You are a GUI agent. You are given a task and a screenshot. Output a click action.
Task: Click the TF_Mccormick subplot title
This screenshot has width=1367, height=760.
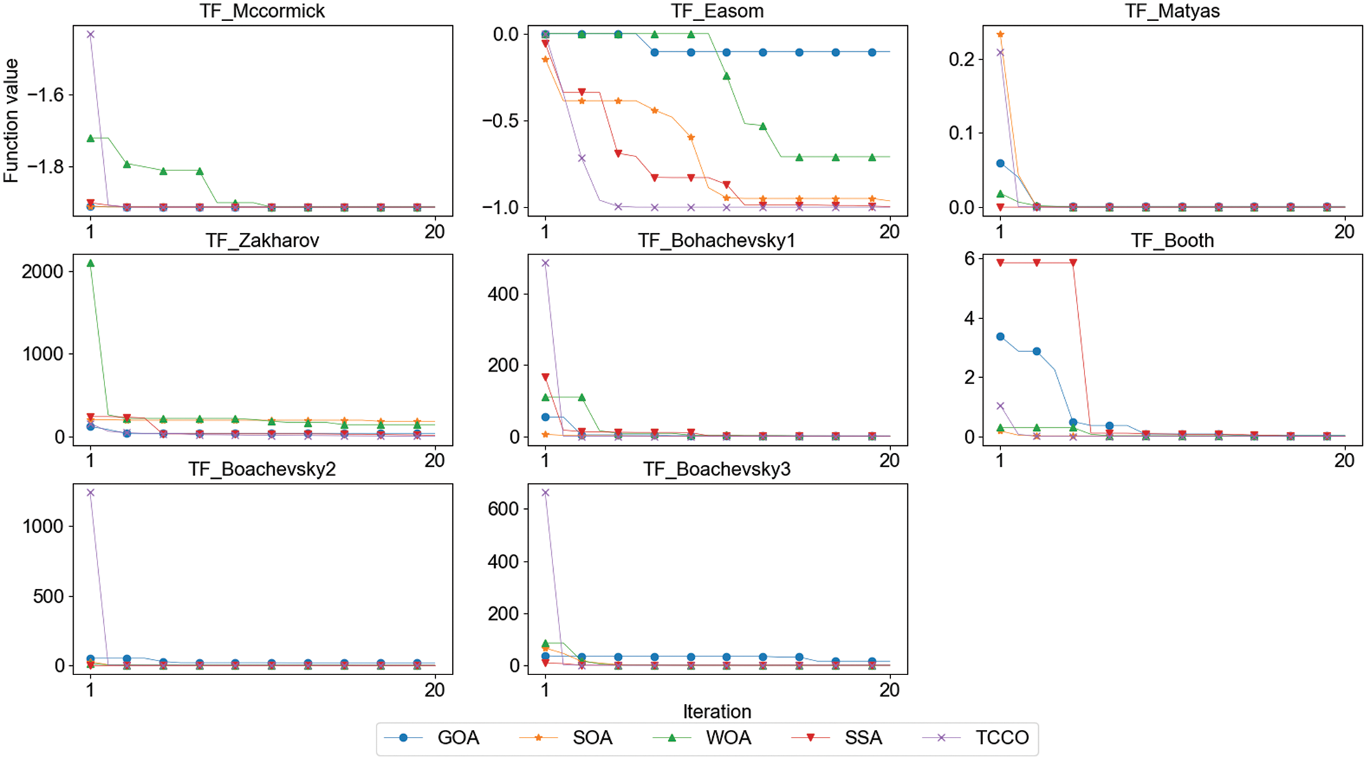262,11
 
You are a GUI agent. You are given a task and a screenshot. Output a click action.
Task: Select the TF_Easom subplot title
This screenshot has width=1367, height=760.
717,11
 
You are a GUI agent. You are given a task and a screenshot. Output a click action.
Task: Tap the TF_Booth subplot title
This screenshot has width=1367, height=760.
1172,240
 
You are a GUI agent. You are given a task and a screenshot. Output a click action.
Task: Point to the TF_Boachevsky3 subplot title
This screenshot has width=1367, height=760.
717,469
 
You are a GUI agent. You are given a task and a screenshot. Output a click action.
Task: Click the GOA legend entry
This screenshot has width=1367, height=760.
458,738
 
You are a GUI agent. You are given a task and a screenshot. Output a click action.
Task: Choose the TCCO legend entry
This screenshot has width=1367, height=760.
1002,738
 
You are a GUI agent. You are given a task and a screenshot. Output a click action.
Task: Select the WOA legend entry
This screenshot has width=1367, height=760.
728,738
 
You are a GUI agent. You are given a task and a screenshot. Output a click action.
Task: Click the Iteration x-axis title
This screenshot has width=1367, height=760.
717,712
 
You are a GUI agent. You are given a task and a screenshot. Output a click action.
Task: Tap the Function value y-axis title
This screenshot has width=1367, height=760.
11,121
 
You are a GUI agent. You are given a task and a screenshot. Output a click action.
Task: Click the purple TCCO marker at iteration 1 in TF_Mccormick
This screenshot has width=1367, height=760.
90,34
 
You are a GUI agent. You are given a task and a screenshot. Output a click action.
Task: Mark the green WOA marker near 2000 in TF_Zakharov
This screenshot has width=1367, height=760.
90,264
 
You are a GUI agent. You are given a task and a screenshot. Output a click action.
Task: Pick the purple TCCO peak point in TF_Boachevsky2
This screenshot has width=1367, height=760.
90,493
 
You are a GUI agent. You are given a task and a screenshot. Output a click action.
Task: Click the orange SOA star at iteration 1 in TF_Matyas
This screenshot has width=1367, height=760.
1000,34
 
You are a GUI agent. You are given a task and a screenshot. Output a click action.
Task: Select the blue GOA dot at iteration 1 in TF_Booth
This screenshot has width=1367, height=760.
1000,337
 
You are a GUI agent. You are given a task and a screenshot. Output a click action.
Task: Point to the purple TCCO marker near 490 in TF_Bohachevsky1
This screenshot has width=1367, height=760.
545,264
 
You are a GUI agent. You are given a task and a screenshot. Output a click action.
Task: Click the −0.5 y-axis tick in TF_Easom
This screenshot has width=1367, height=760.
500,121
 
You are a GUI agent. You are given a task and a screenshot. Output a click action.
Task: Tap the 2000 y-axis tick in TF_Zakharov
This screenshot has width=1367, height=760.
42,272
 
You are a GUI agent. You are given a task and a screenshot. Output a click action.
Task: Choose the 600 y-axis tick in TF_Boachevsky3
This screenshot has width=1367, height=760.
503,509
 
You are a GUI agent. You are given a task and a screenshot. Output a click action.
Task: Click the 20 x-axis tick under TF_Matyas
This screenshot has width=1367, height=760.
1344,232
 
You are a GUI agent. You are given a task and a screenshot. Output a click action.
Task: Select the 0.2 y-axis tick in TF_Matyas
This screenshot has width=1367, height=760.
961,60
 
